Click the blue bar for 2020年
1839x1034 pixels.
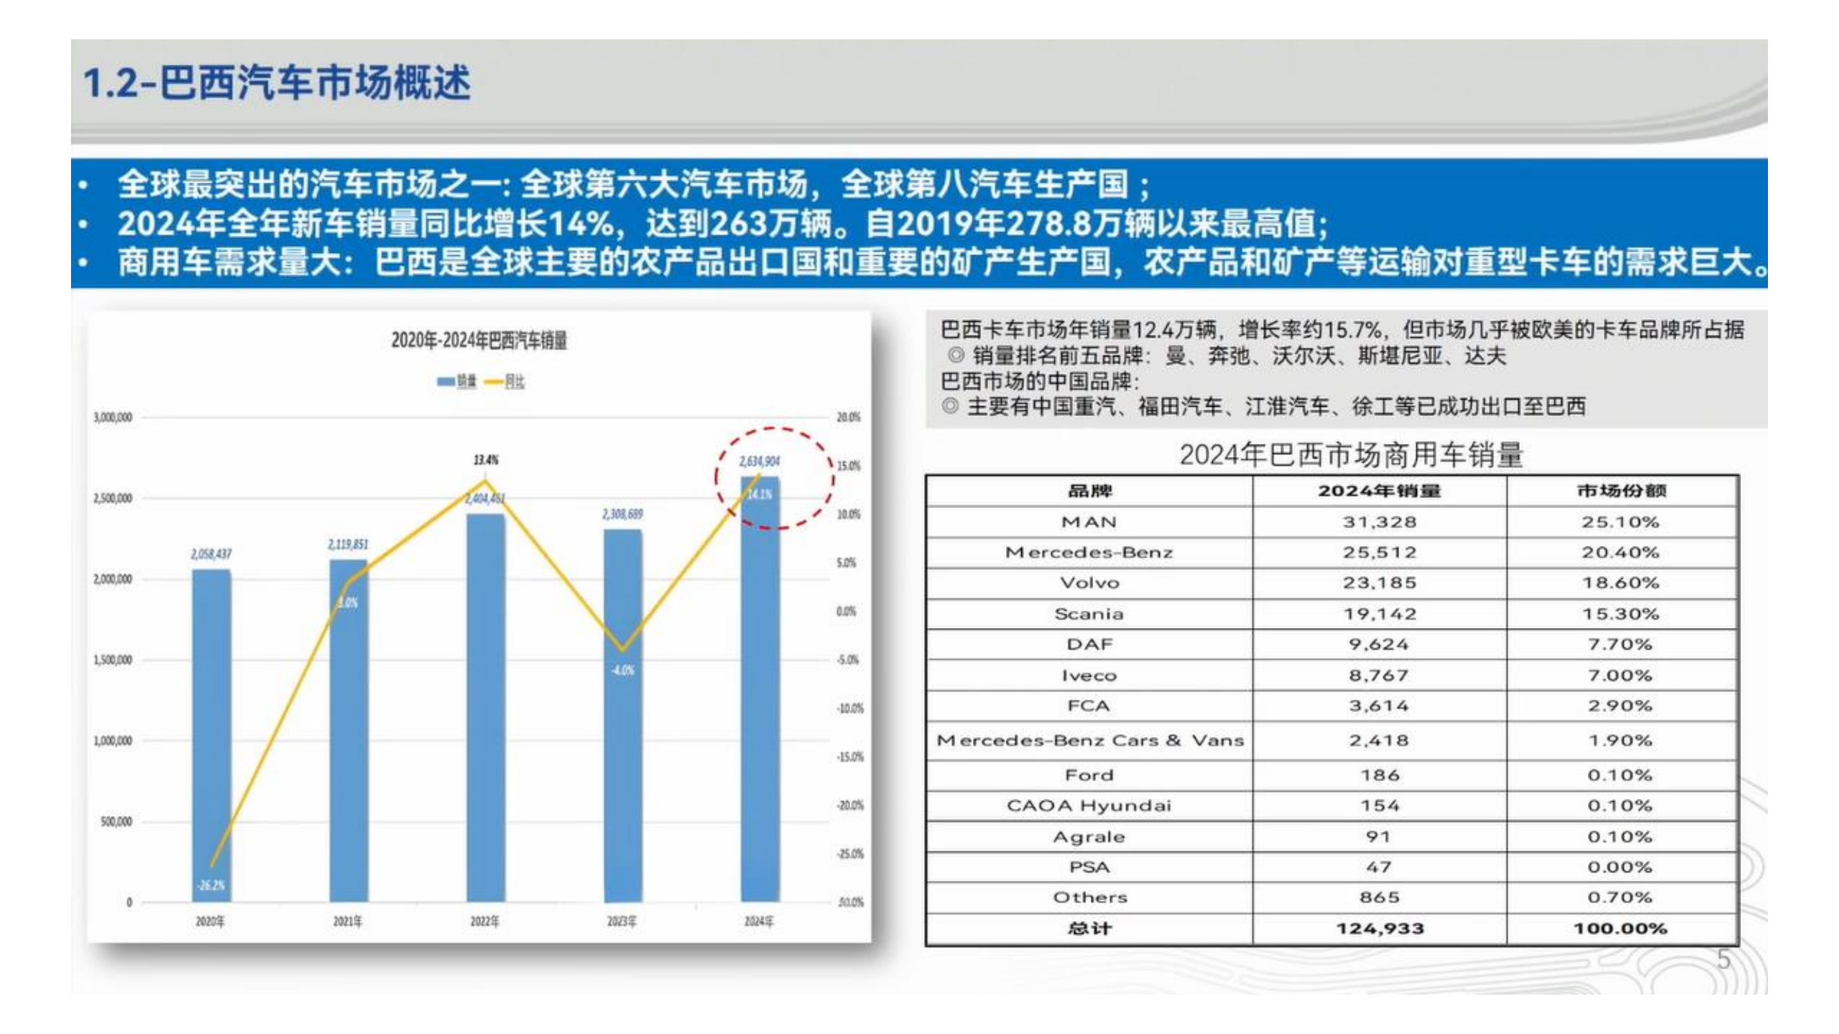(x=211, y=735)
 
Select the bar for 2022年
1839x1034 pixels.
(x=485, y=707)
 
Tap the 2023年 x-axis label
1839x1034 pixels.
(x=622, y=921)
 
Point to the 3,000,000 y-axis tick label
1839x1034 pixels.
(x=113, y=418)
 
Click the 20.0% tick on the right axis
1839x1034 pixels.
(x=848, y=418)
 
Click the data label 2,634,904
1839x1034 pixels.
(x=759, y=462)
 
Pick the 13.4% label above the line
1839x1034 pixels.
(x=485, y=460)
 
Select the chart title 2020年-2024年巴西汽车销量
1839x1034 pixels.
(x=479, y=341)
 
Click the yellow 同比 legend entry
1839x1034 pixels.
(x=505, y=382)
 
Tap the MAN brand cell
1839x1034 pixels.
(x=1089, y=523)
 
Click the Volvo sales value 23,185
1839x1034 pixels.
(x=1379, y=583)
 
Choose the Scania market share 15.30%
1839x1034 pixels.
(x=1620, y=614)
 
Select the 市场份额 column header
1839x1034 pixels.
(x=1621, y=491)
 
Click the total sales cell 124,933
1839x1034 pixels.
(x=1379, y=929)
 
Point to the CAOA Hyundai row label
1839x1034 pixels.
(x=1089, y=806)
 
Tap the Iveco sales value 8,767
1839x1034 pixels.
(x=1379, y=675)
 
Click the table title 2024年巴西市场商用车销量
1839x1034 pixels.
(x=1351, y=454)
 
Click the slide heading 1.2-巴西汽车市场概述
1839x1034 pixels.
(x=277, y=83)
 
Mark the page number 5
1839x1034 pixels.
(x=1723, y=960)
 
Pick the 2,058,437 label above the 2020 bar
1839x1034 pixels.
(x=211, y=554)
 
